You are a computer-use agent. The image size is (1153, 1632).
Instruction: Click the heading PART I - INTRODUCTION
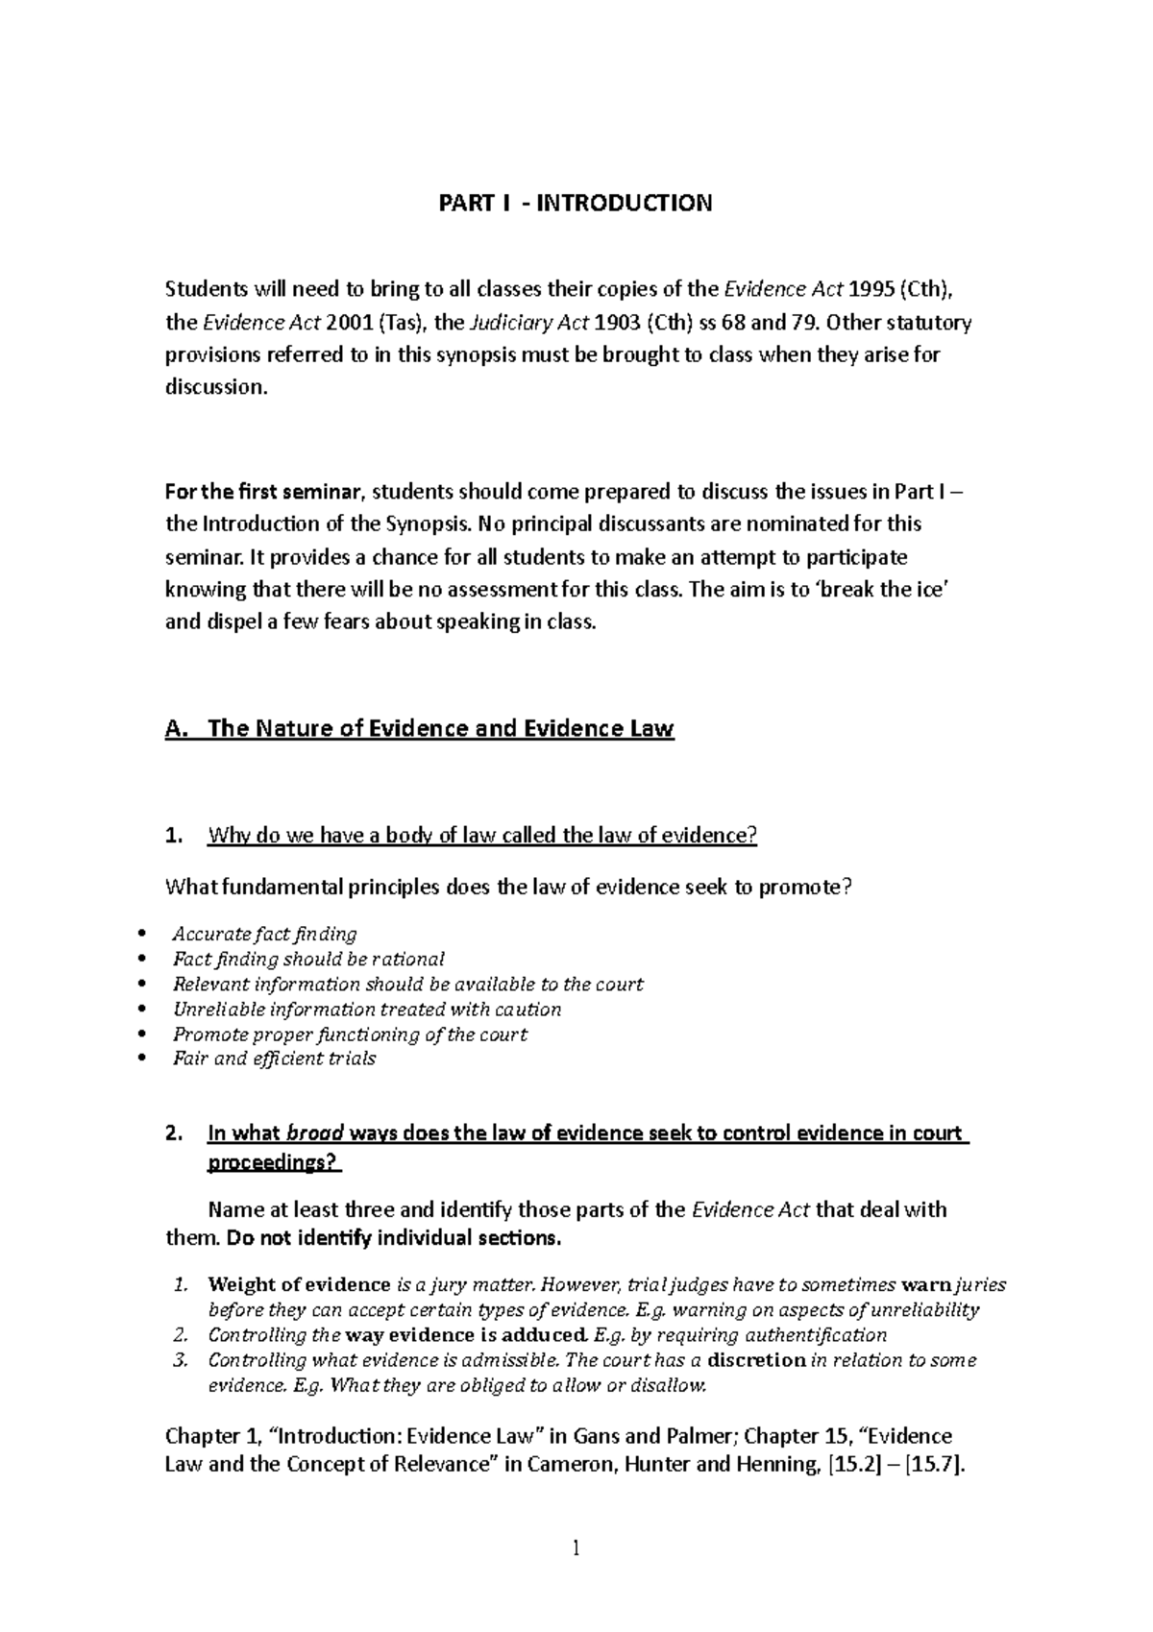(576, 203)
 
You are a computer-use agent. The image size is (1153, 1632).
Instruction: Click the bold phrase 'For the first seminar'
(265, 493)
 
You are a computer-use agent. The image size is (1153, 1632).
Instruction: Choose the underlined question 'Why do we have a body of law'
(482, 835)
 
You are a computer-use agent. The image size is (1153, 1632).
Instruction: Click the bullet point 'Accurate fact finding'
(264, 934)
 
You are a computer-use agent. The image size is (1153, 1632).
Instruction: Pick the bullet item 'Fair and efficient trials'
(274, 1059)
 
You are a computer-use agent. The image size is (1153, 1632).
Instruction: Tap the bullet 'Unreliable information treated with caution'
(367, 1009)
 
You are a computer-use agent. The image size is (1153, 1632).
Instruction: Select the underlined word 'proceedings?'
(274, 1163)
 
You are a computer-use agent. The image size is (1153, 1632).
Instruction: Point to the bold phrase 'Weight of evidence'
(299, 1284)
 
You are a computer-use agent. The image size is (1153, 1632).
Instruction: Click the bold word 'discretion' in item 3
(757, 1360)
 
